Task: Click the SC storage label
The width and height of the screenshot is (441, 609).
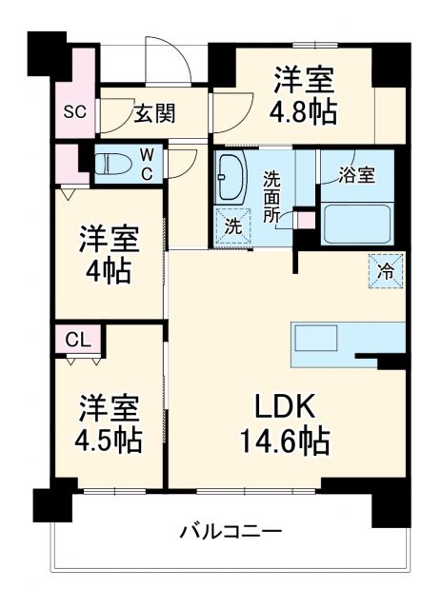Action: pyautogui.click(x=75, y=111)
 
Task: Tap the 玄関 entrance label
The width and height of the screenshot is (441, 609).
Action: pyautogui.click(x=153, y=114)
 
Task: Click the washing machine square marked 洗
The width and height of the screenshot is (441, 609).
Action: pyautogui.click(x=231, y=226)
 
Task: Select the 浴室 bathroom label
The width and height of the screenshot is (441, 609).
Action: pyautogui.click(x=358, y=175)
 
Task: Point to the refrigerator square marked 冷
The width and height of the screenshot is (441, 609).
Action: pyautogui.click(x=385, y=271)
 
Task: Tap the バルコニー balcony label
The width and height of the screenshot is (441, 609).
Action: pyautogui.click(x=231, y=529)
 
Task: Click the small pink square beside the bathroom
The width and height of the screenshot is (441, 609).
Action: pyautogui.click(x=305, y=220)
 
